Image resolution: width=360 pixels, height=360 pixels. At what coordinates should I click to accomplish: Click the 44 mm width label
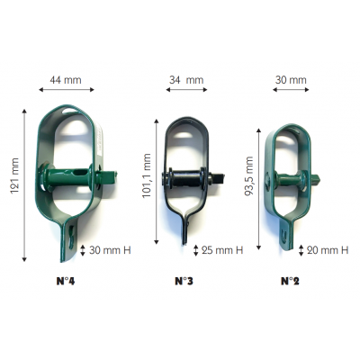[x=66, y=80]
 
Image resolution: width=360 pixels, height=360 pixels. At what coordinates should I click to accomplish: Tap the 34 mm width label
[x=186, y=80]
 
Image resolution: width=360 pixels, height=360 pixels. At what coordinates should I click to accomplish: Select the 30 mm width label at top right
[x=291, y=80]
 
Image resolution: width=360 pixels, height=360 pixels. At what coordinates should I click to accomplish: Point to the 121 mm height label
[x=14, y=175]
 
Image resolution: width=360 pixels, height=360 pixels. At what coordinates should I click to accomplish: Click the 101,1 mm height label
[x=147, y=175]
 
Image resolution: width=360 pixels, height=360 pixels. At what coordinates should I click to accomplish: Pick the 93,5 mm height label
[x=249, y=176]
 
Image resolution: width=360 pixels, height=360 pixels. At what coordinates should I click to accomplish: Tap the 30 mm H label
[x=110, y=250]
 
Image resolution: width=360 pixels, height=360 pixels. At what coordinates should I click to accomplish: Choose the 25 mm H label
[x=222, y=250]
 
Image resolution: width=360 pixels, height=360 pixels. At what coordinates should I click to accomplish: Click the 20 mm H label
[x=328, y=250]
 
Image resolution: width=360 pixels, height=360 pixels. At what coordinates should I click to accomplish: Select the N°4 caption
[x=66, y=282]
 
